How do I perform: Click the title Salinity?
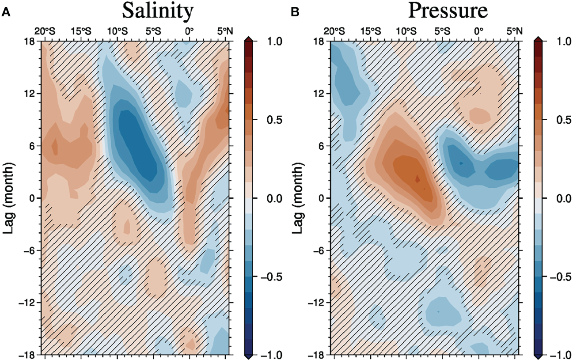[x=157, y=11]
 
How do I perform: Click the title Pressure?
[x=448, y=11]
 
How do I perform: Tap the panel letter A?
[x=6, y=12]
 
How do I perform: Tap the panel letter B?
[x=295, y=12]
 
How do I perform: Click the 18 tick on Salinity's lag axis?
[x=31, y=42]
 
